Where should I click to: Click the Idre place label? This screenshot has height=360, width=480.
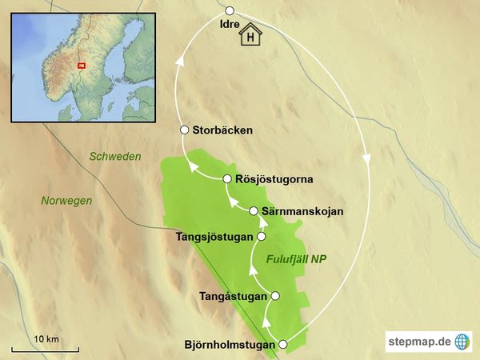click(x=229, y=26)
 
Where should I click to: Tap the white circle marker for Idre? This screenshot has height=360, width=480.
click(x=230, y=10)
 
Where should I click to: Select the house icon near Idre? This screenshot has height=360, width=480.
click(x=253, y=35)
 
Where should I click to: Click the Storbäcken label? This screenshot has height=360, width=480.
click(x=223, y=130)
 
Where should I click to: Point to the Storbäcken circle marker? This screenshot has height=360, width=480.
click(x=185, y=130)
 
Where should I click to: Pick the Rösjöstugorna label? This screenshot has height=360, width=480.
click(x=274, y=178)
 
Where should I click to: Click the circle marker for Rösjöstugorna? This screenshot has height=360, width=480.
click(x=228, y=178)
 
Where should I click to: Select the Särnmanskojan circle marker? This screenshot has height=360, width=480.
click(x=254, y=211)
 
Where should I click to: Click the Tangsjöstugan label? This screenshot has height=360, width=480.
click(x=213, y=237)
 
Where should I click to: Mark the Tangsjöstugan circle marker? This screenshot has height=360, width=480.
click(x=260, y=237)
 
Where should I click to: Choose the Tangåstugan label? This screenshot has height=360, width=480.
click(x=232, y=296)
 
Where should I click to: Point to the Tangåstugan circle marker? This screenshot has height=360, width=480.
click(x=276, y=296)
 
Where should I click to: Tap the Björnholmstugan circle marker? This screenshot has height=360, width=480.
click(x=282, y=345)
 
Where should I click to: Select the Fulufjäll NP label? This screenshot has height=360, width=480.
click(x=297, y=259)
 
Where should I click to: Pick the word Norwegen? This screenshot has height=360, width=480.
click(x=66, y=201)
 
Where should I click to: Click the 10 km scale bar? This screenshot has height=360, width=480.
click(x=45, y=349)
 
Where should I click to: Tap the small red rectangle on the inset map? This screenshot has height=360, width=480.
click(x=81, y=65)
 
